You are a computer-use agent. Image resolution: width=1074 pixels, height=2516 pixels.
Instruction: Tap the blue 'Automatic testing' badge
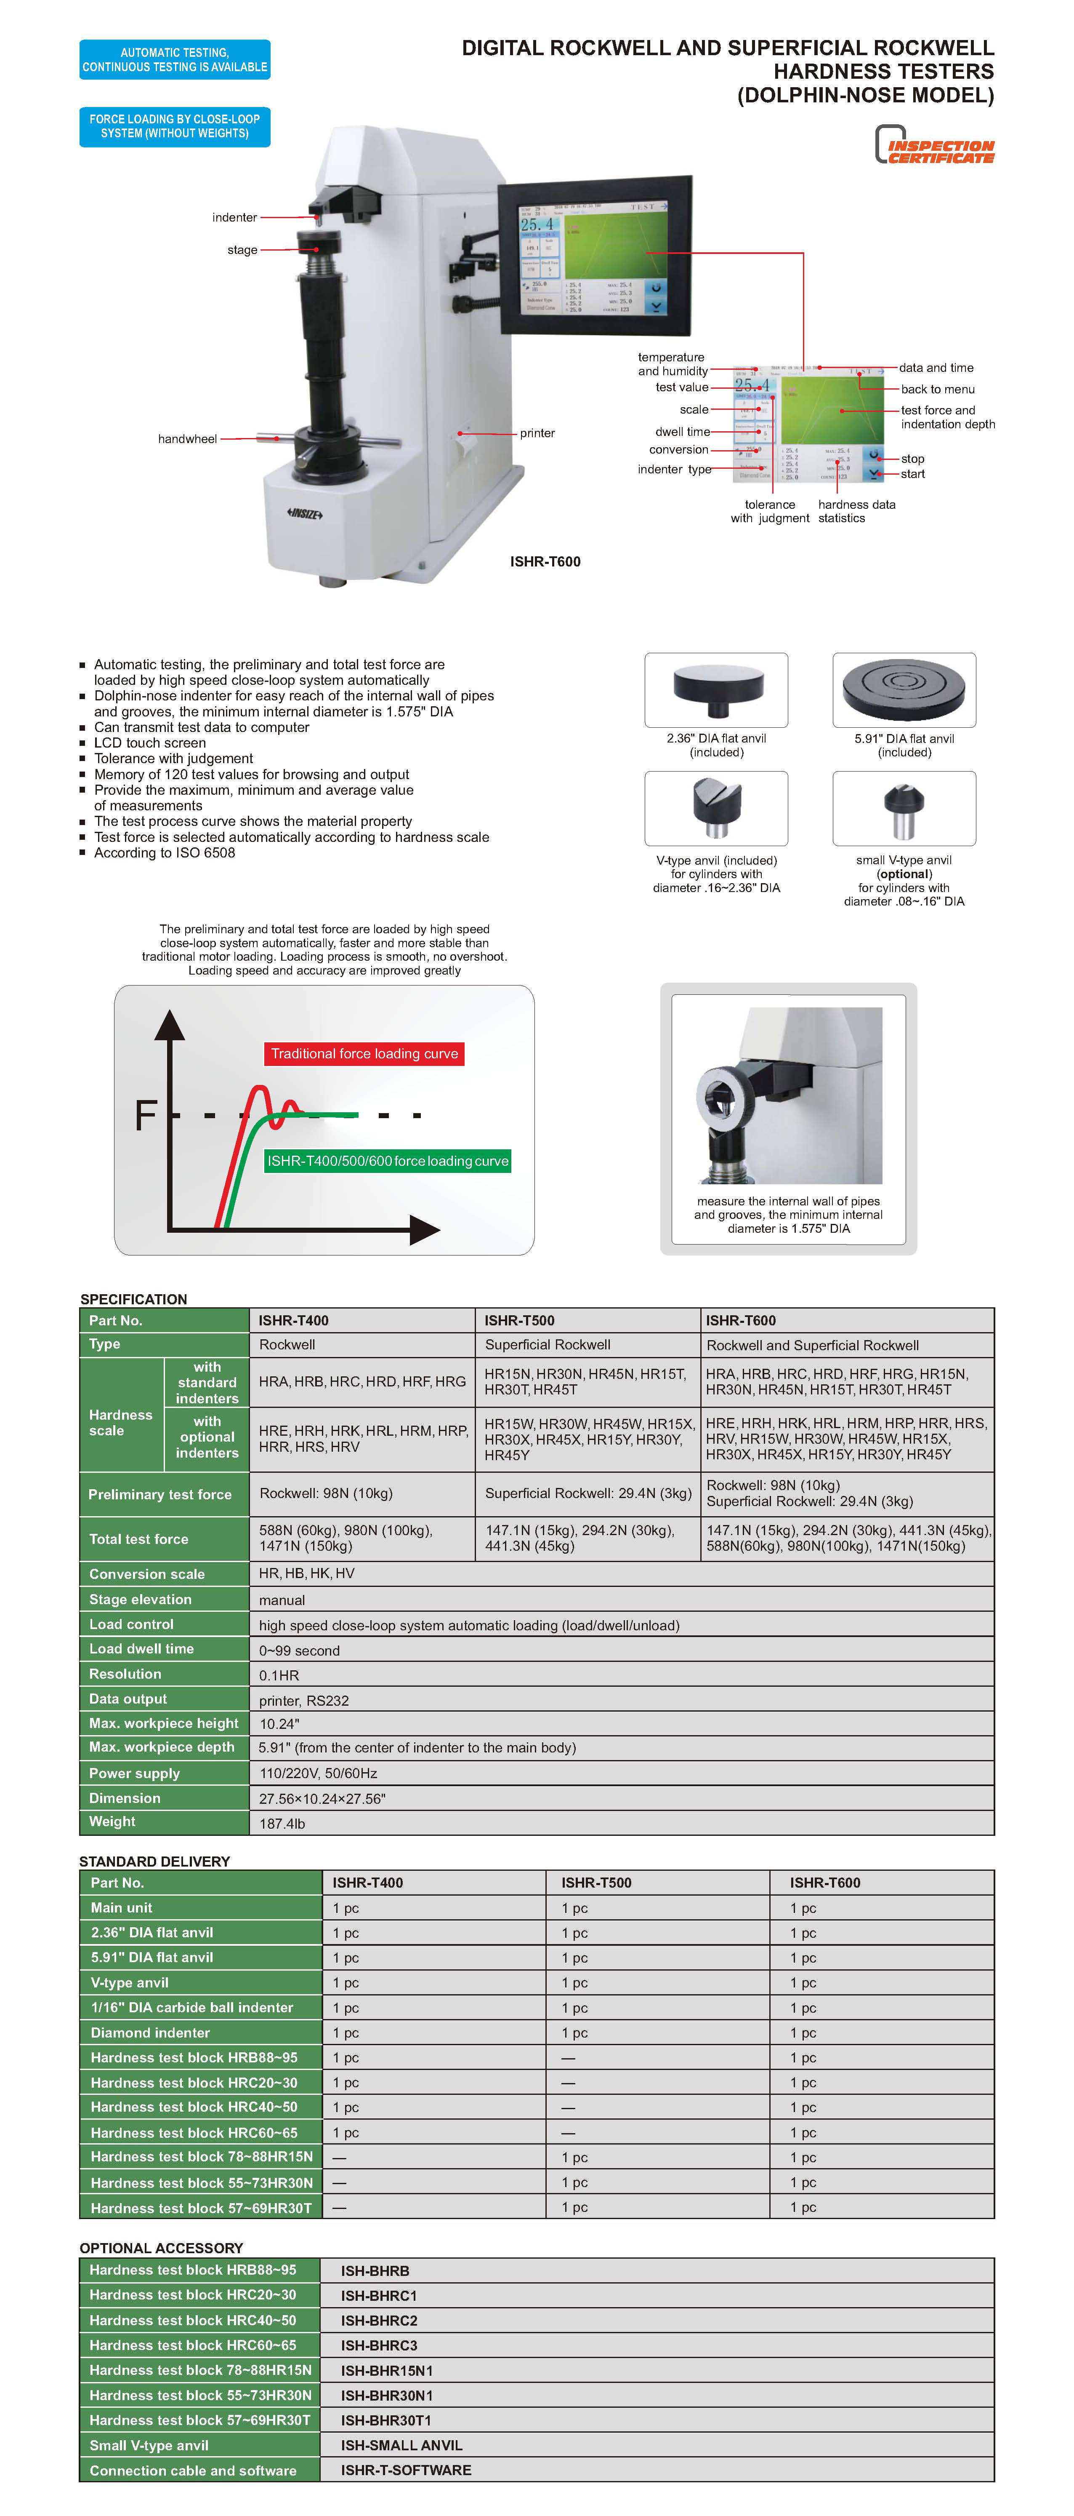[x=175, y=59]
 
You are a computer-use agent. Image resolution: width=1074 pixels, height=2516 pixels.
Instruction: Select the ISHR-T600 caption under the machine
[x=545, y=561]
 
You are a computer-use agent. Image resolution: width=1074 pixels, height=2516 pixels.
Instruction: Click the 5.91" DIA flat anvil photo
[x=904, y=689]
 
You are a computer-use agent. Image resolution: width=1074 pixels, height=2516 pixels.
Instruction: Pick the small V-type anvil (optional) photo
[x=904, y=808]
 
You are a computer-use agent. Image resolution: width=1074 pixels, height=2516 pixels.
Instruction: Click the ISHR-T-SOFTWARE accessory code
[x=406, y=2470]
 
